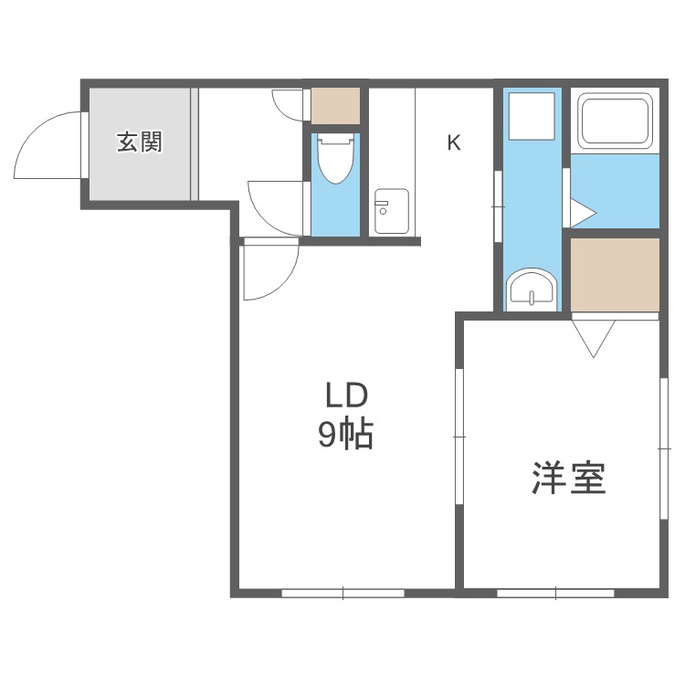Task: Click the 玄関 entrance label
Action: pos(139,142)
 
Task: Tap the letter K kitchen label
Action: pos(454,142)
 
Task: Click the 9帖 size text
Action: pos(345,436)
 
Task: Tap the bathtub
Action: pos(616,121)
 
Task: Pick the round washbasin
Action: pos(530,290)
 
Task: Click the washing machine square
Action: pos(532,116)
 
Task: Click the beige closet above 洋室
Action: pos(614,274)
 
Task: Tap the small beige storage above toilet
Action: pos(335,107)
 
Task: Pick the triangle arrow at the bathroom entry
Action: pos(582,213)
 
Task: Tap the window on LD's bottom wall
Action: pos(342,592)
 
